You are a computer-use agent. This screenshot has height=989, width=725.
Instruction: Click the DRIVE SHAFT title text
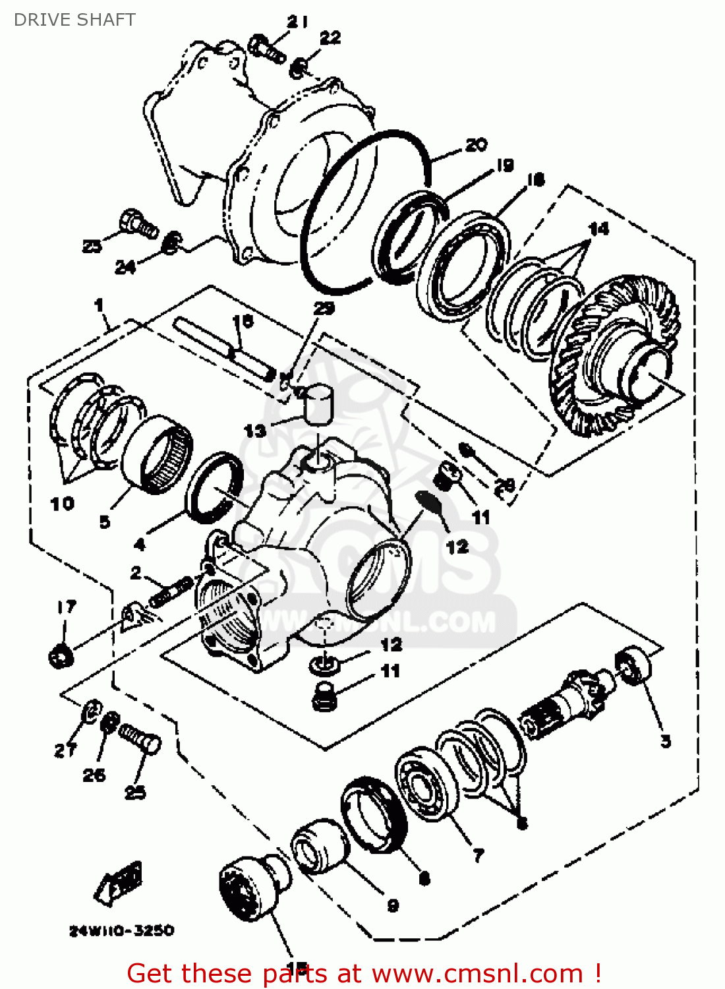(x=74, y=20)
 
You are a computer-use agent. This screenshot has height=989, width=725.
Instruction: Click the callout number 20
(x=476, y=145)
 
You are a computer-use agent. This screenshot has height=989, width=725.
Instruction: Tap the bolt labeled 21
(x=266, y=48)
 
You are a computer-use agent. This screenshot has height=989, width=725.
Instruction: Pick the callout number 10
(x=63, y=504)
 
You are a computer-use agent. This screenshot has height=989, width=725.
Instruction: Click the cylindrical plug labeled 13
(x=318, y=404)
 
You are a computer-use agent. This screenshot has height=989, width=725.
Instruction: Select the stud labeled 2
(x=170, y=591)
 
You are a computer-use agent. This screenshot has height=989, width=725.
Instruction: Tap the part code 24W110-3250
(x=122, y=930)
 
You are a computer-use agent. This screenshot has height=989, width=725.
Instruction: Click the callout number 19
(x=505, y=165)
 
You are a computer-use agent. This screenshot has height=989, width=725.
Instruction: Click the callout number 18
(x=536, y=180)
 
